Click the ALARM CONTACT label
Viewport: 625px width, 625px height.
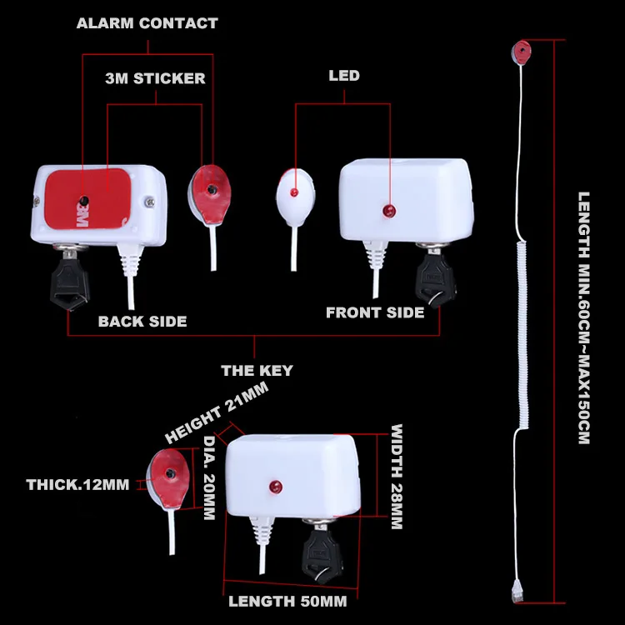click(147, 23)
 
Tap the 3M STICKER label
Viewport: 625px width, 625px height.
click(156, 78)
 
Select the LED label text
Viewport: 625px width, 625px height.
click(344, 75)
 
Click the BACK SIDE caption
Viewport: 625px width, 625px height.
click(142, 322)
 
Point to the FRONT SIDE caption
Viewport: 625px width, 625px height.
click(375, 312)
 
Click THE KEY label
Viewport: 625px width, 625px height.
click(257, 370)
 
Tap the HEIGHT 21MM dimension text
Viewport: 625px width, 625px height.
click(217, 412)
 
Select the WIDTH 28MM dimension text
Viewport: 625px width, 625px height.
click(397, 477)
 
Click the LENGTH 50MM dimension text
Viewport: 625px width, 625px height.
click(287, 601)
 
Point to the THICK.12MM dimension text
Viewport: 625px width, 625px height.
click(77, 484)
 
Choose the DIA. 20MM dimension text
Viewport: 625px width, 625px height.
click(209, 477)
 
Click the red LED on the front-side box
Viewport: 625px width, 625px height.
click(388, 211)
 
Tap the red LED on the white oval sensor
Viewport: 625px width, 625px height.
click(294, 192)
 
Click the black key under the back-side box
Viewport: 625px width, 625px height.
click(69, 281)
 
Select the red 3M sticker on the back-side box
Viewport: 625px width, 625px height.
click(87, 198)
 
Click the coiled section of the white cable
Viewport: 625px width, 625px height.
click(522, 335)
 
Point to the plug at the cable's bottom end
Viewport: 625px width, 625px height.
click(517, 591)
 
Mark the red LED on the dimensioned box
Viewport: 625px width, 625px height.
click(275, 487)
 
